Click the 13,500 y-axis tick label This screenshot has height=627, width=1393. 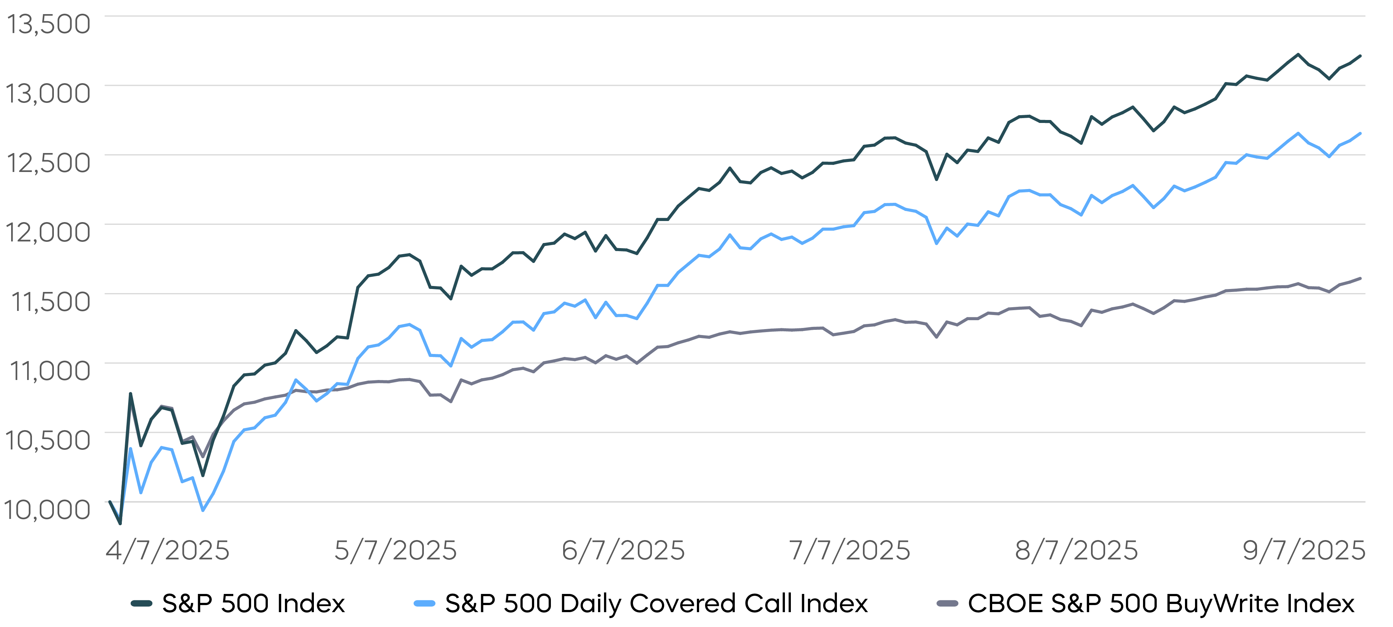tap(48, 24)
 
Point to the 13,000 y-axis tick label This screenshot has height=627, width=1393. tap(48, 94)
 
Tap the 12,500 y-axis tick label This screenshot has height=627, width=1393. tap(48, 163)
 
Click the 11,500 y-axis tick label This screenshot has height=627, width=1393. tap(50, 302)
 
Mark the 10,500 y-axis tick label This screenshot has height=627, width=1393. tap(48, 440)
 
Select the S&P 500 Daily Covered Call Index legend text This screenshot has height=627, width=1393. tap(656, 604)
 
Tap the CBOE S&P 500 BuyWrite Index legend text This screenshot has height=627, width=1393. tap(1161, 604)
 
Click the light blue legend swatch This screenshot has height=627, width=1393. tap(425, 604)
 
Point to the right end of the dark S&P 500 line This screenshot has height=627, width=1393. tap(1360, 56)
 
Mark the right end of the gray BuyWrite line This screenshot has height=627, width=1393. tap(1360, 278)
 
